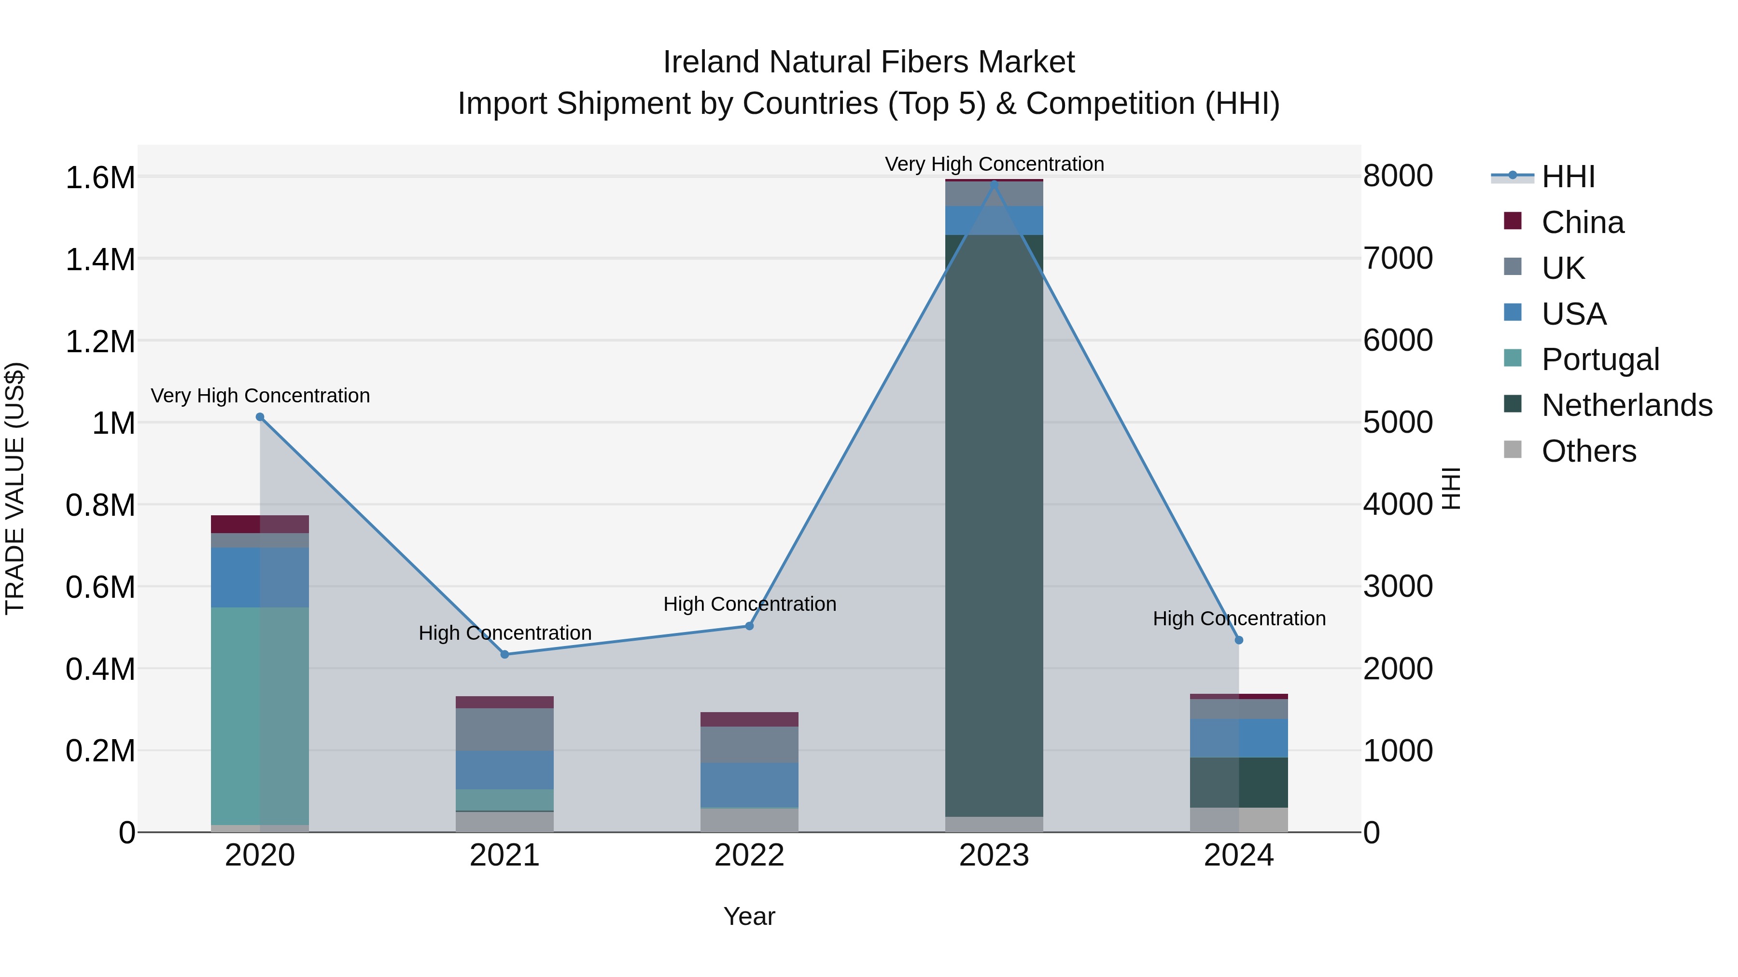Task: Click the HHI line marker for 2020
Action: pyautogui.click(x=260, y=417)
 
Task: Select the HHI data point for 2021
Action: pyautogui.click(x=505, y=655)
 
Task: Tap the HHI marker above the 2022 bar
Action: pyautogui.click(x=749, y=626)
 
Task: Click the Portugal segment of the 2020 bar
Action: pyautogui.click(x=260, y=715)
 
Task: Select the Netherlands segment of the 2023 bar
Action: pyautogui.click(x=994, y=526)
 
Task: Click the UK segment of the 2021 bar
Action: pyautogui.click(x=505, y=729)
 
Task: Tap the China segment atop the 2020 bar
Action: pyautogui.click(x=260, y=524)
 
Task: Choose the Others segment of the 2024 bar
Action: pyautogui.click(x=1239, y=820)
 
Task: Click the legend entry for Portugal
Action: pyautogui.click(x=1600, y=359)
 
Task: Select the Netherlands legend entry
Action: pyautogui.click(x=1626, y=405)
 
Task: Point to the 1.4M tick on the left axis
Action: pyautogui.click(x=100, y=260)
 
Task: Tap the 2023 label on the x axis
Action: pyautogui.click(x=994, y=855)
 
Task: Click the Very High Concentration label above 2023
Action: pyautogui.click(x=994, y=164)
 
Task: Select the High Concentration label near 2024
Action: pyautogui.click(x=1239, y=619)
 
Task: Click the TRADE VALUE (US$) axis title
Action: pyautogui.click(x=15, y=488)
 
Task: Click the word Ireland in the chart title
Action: pyautogui.click(x=711, y=62)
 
